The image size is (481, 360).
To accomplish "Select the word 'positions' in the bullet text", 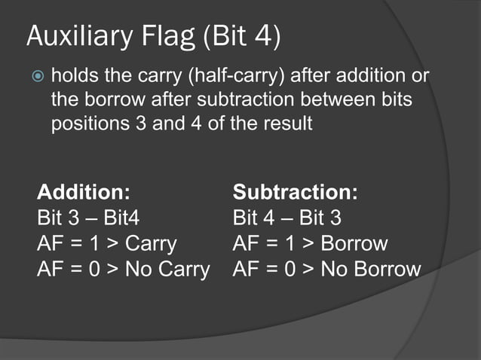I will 84,123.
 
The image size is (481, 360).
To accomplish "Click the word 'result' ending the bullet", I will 286,123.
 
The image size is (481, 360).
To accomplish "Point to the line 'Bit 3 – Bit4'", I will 88,218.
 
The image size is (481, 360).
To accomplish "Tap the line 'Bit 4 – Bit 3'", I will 287,218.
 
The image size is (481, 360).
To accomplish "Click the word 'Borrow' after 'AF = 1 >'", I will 354,244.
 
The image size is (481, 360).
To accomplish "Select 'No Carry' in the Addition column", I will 167,269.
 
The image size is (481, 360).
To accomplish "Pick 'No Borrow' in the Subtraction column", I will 371,269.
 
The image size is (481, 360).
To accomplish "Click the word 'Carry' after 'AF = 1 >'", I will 151,244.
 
